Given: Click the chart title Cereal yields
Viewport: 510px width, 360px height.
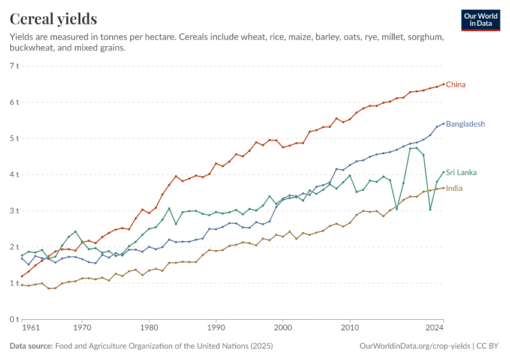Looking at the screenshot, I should click(x=53, y=19).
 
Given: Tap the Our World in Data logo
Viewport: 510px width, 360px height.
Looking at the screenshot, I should click(x=481, y=20).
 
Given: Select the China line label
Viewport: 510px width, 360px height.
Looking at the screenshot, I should click(x=455, y=85).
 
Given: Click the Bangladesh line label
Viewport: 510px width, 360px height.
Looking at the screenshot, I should click(x=466, y=124).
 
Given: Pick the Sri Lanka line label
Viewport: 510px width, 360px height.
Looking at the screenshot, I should click(x=461, y=173).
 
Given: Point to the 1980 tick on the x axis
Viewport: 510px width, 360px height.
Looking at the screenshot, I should click(x=149, y=328).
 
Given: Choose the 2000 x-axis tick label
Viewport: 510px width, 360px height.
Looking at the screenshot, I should click(x=283, y=328).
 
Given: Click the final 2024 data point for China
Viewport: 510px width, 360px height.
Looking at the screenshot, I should click(x=443, y=84).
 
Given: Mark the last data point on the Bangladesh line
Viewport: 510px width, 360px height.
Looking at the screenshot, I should click(x=443, y=124).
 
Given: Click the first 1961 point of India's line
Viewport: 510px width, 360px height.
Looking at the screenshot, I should click(x=22, y=285).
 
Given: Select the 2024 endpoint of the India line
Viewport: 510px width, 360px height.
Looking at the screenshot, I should click(x=443, y=188).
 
